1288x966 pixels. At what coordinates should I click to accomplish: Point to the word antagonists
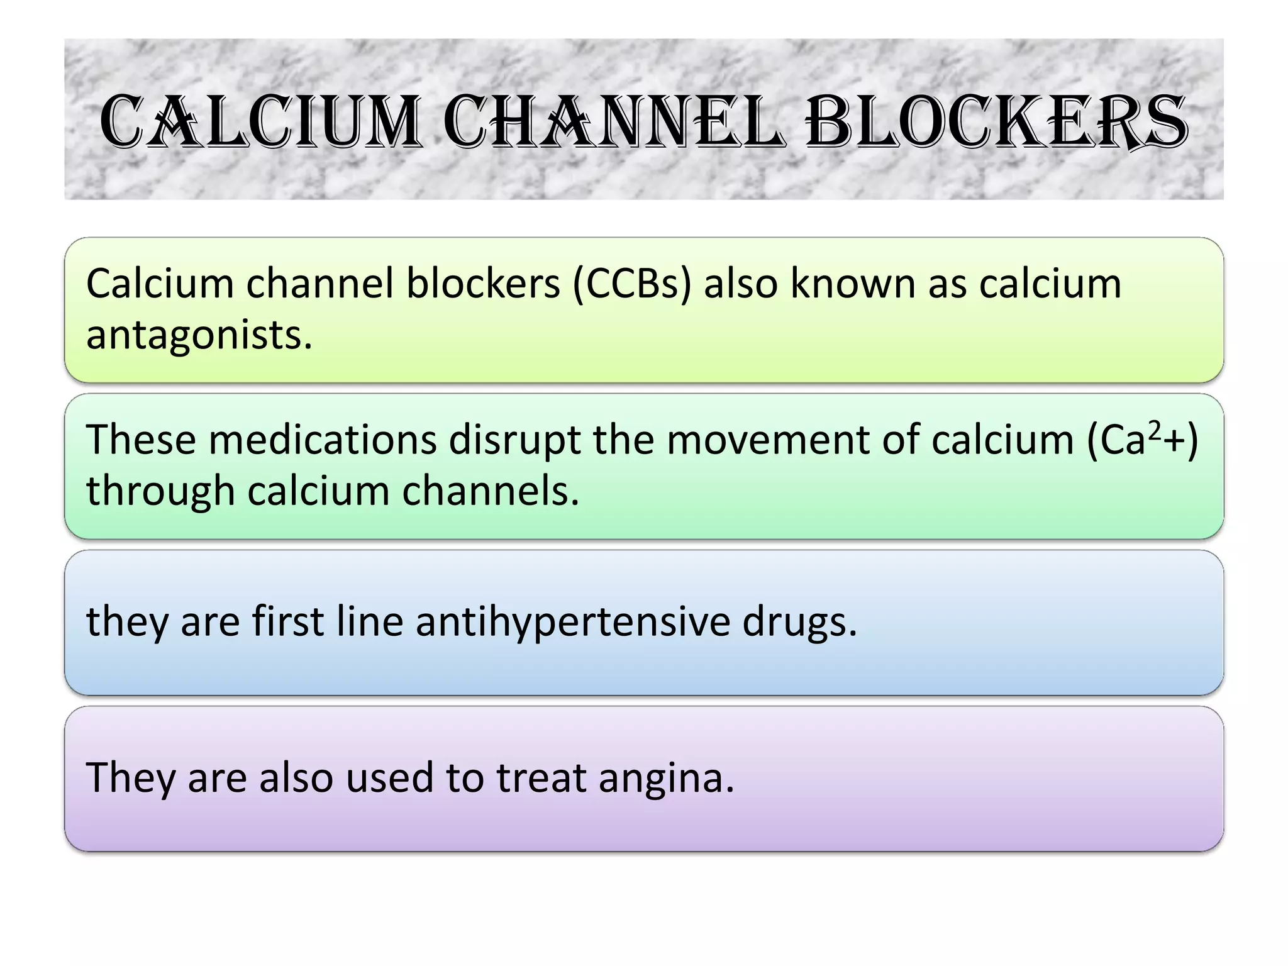199,335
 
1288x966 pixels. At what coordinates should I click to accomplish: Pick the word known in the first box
853,284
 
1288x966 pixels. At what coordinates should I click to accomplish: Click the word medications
323,440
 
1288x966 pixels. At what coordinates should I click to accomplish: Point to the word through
160,491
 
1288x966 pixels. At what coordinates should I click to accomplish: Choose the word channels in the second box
490,491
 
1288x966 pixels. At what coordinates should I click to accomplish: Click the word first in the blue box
288,621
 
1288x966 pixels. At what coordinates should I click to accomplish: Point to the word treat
541,778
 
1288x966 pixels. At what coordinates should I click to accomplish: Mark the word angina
666,778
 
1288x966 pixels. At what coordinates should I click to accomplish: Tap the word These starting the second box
141,440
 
